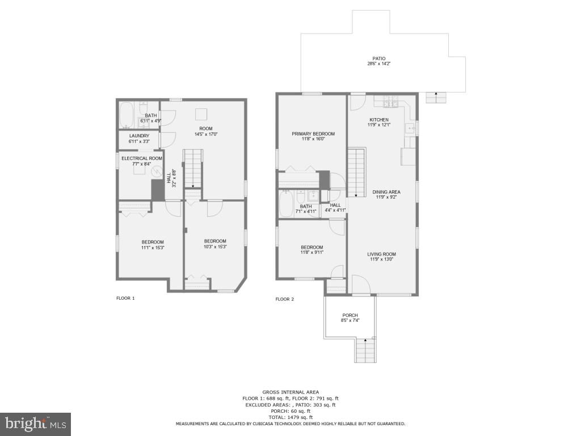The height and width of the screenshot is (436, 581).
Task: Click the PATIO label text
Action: [379, 58]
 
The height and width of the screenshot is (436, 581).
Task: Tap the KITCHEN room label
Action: [379, 120]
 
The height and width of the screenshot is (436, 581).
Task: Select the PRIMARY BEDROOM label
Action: [313, 134]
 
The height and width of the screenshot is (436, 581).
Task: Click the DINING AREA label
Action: [386, 192]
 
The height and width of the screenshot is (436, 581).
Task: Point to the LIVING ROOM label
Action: [381, 254]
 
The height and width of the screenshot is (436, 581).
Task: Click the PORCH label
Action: [350, 316]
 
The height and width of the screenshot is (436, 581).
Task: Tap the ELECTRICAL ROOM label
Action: [142, 158]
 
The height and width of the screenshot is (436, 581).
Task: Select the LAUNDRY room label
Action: [139, 136]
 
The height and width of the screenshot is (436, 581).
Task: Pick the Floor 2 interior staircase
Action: [356, 172]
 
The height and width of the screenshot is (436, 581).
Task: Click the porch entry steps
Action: [365, 350]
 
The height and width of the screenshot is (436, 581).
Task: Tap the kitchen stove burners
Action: [391, 102]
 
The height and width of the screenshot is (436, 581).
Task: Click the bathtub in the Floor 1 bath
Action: [126, 115]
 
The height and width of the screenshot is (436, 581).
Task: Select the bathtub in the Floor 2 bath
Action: [285, 204]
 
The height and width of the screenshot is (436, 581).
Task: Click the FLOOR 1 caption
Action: [125, 298]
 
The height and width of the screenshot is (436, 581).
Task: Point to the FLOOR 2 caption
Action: [285, 299]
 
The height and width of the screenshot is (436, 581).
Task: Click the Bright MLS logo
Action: [35, 424]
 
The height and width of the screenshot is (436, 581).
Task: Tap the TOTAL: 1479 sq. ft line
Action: [290, 417]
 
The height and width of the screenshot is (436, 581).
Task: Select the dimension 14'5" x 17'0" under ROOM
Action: [205, 135]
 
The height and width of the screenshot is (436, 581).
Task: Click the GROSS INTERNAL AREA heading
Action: [290, 392]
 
